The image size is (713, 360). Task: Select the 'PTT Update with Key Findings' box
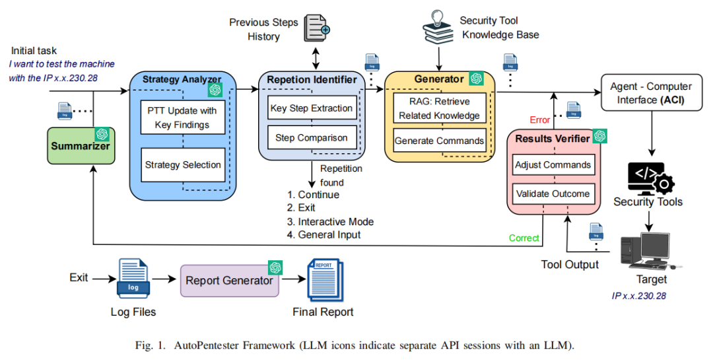[x=182, y=118]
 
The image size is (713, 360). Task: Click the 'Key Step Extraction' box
[x=312, y=108]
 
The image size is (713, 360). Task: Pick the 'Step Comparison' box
[x=312, y=138]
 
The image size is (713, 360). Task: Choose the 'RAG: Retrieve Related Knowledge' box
[x=439, y=108]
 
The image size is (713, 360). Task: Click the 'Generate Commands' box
[x=439, y=141]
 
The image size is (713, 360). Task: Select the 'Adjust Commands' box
[x=553, y=165]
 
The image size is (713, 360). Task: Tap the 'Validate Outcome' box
[x=553, y=194]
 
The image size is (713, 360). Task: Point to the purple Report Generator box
[x=229, y=280]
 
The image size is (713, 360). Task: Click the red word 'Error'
[x=540, y=120]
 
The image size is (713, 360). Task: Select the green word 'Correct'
[x=524, y=238]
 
